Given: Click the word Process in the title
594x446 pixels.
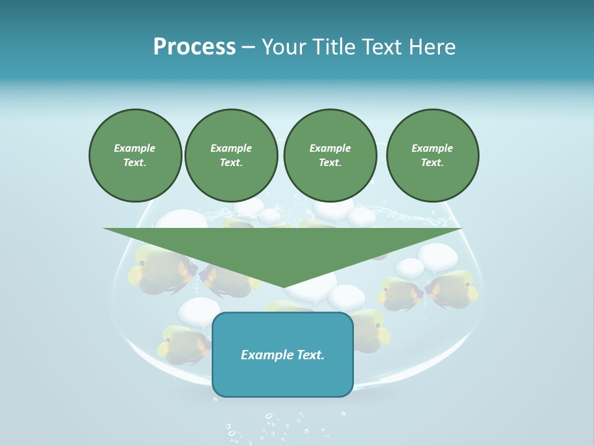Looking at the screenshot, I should pos(194,47).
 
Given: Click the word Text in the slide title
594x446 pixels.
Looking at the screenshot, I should pos(384,47).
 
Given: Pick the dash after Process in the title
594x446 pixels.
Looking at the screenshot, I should pos(249,48).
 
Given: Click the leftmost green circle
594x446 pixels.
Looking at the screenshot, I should pos(136,155).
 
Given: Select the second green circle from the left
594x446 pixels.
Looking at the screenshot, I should pos(231,155).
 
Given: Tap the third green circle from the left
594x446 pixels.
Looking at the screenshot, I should pos(330,155).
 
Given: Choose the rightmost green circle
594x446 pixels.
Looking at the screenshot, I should pos(433,155).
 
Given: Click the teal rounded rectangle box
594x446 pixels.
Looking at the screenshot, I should pos(283,354).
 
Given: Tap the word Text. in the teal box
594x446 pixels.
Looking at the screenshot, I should pos(311,355).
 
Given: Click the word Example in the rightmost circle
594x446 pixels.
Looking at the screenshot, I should pos(432,148).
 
